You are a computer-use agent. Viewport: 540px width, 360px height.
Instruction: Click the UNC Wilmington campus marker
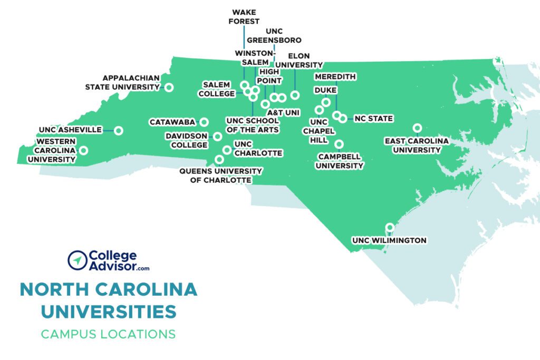[390, 228]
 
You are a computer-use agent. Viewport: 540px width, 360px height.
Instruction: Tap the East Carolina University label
[416, 145]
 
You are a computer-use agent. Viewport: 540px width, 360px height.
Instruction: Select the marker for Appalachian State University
[169, 87]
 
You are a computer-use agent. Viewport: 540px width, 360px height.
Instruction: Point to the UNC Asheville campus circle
[119, 130]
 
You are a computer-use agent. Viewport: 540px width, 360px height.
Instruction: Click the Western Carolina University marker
[83, 150]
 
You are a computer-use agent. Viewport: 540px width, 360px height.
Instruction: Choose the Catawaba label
[172, 122]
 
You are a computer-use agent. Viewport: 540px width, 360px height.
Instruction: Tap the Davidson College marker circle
[217, 137]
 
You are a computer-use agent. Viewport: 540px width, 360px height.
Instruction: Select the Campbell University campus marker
[339, 144]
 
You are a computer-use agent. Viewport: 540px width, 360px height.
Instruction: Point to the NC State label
[373, 119]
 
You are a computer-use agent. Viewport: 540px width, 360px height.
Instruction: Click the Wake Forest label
[245, 17]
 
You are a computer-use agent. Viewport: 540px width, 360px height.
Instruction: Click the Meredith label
[335, 77]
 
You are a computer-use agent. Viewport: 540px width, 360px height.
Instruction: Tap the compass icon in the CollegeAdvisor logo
[78, 260]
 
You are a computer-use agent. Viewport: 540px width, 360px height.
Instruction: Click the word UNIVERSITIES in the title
[109, 312]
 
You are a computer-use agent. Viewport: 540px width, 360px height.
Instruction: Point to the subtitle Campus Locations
[108, 334]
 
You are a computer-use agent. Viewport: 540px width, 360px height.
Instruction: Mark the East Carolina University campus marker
[417, 128]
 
